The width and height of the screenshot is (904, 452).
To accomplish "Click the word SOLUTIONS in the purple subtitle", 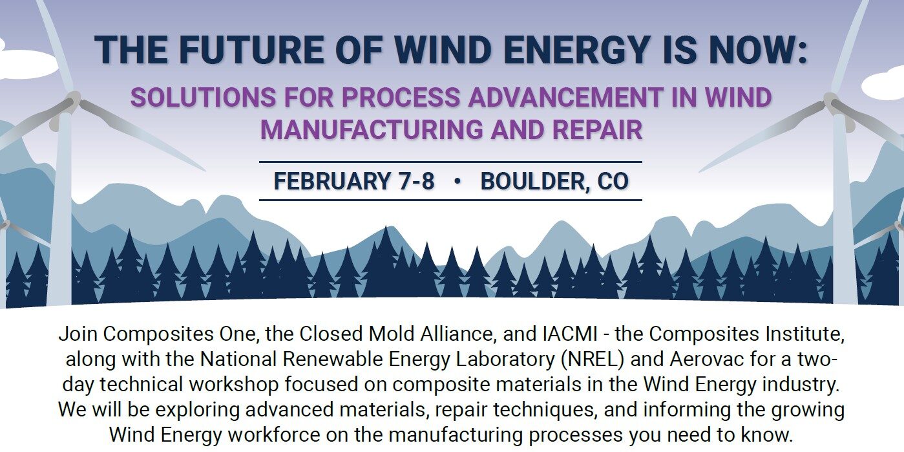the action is tap(203, 98).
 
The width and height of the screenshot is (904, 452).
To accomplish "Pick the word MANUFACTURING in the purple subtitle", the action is tap(372, 130).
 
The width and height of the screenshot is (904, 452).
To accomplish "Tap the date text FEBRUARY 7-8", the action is tap(354, 181).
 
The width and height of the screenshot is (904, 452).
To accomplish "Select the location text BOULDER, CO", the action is tap(554, 181).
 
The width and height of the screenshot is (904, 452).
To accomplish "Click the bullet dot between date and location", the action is tap(457, 181).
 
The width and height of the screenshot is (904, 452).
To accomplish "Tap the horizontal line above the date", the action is tap(450, 162).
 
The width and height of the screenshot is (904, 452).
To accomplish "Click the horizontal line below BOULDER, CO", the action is tap(450, 200).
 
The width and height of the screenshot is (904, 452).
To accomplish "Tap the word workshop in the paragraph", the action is tap(234, 385).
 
